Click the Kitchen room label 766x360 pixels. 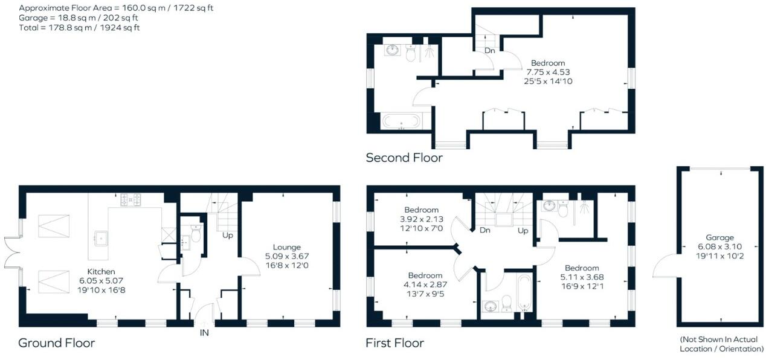[x=100, y=272]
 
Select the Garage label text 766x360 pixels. [x=719, y=238]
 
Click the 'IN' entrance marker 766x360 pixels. [x=204, y=333]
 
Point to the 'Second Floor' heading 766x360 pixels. [x=404, y=158]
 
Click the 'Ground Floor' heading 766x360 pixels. [x=56, y=343]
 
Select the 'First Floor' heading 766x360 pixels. [x=394, y=343]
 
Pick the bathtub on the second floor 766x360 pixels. [x=402, y=121]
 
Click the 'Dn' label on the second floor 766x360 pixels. [x=489, y=51]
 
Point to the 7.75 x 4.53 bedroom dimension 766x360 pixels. [x=547, y=72]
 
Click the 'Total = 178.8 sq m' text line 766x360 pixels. [x=79, y=28]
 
